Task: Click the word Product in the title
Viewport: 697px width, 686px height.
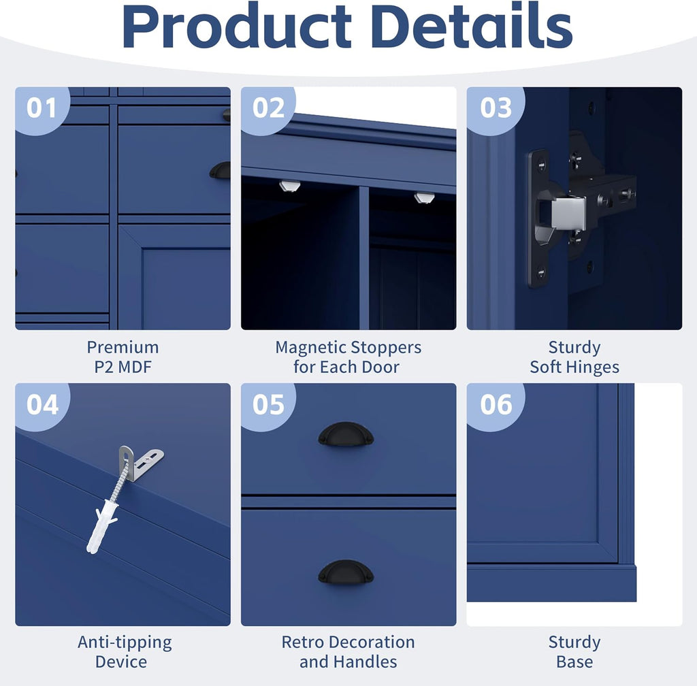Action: [236, 27]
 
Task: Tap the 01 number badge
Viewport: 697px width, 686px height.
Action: [41, 108]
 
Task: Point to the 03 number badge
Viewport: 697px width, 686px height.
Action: [495, 108]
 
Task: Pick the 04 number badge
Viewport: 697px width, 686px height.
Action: [42, 405]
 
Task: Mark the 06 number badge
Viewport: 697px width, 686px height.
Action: [495, 405]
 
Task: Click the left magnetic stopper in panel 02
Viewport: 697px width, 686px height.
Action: [289, 186]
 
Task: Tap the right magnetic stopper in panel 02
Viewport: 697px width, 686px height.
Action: [424, 197]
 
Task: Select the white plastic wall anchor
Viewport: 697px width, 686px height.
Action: [101, 526]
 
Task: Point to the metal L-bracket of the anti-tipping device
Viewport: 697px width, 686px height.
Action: [140, 463]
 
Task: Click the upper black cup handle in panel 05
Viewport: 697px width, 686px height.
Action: [346, 434]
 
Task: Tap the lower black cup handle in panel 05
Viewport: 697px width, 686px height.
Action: [346, 572]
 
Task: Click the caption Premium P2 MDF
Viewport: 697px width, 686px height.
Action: [123, 357]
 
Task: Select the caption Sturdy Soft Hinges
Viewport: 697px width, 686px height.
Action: [574, 357]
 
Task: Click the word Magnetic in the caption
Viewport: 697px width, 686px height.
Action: [308, 347]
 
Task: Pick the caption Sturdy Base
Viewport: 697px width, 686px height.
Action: [574, 652]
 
